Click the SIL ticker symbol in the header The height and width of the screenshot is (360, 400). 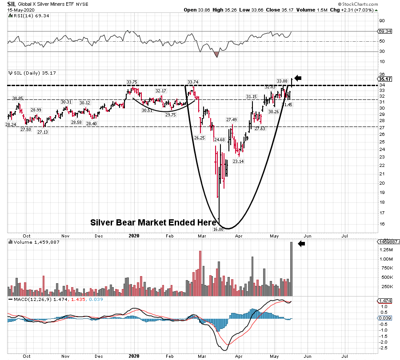(12, 4)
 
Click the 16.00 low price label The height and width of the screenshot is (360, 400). (218, 229)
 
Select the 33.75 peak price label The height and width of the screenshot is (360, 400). (132, 82)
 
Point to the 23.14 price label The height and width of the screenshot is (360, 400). (238, 162)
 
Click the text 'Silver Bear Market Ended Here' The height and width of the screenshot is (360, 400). (153, 223)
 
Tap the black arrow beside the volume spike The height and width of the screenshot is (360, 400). (301, 244)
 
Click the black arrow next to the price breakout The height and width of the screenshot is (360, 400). (298, 79)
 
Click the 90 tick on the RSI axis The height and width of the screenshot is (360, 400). (381, 20)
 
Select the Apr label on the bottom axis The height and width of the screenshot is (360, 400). (239, 356)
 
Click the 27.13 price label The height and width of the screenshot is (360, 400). (43, 132)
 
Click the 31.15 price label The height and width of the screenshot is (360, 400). (252, 96)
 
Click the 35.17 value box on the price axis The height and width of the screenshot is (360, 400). (384, 79)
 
